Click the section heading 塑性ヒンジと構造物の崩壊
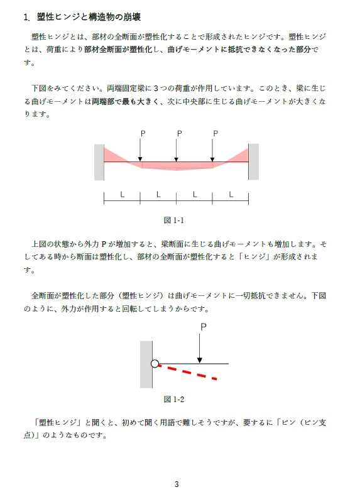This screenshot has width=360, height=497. click(x=93, y=17)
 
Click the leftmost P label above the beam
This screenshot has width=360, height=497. click(x=143, y=133)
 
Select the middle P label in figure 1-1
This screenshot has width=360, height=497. click(x=179, y=133)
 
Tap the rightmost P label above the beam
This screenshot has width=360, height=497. click(x=215, y=133)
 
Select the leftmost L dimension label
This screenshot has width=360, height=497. click(x=122, y=194)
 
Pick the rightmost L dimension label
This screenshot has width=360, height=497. click(x=231, y=194)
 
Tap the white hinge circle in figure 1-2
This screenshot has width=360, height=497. click(x=155, y=363)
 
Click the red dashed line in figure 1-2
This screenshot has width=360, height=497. click(x=188, y=373)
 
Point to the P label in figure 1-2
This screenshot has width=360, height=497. click(x=203, y=327)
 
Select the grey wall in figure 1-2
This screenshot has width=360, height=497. click(x=146, y=364)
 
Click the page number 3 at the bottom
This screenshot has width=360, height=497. click(x=177, y=484)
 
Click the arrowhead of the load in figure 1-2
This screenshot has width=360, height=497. click(x=200, y=360)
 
